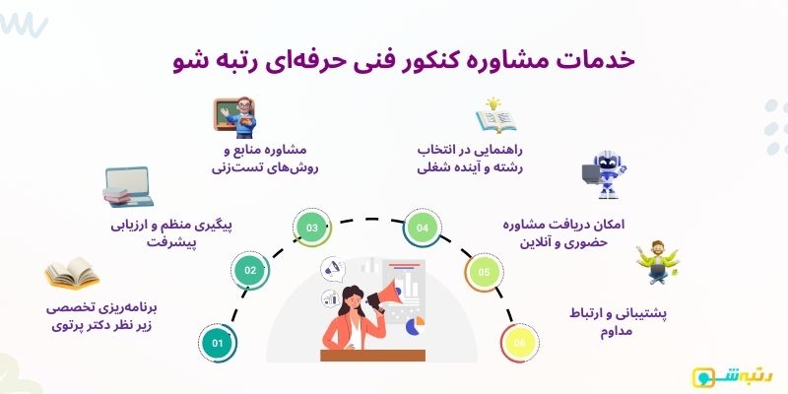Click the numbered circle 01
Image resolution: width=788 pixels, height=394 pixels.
218,343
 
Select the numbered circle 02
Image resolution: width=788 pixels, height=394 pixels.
251,270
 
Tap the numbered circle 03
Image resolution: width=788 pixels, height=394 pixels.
312,229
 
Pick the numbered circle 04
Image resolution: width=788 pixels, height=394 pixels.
424,229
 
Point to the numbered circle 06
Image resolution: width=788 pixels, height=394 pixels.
519,343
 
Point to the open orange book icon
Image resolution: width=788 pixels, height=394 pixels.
72,273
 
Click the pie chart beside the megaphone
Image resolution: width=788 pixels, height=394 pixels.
418,322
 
